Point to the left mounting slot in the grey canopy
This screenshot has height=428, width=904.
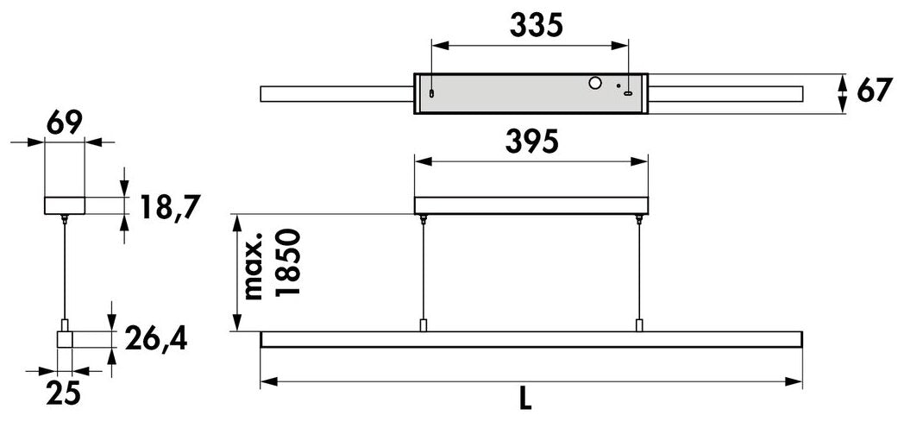point(430,90)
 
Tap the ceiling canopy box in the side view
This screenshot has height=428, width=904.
point(65,205)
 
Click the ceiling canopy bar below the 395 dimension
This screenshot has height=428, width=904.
point(530,205)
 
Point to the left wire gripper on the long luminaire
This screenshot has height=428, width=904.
point(422,325)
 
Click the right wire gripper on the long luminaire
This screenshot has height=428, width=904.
point(638,325)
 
